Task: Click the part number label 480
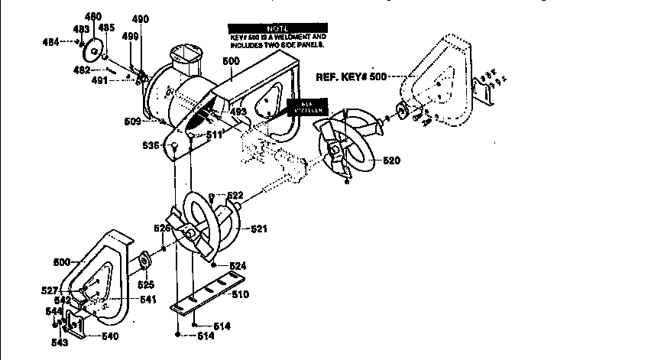pos(92,16)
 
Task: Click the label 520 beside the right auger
pos(392,161)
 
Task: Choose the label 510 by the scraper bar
pos(240,294)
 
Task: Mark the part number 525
pos(145,285)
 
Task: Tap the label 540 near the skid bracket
pos(110,336)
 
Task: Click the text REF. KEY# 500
pos(351,77)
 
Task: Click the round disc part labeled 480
pos(96,51)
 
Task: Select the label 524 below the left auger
pos(238,265)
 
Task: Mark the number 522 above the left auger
pos(234,196)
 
